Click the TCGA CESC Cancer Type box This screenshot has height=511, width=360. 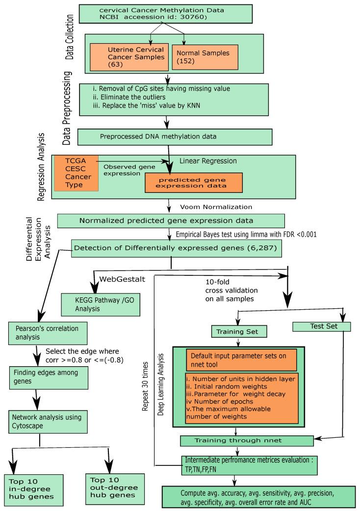pyautogui.click(x=77, y=172)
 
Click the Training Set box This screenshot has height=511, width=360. pyautogui.click(x=237, y=331)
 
